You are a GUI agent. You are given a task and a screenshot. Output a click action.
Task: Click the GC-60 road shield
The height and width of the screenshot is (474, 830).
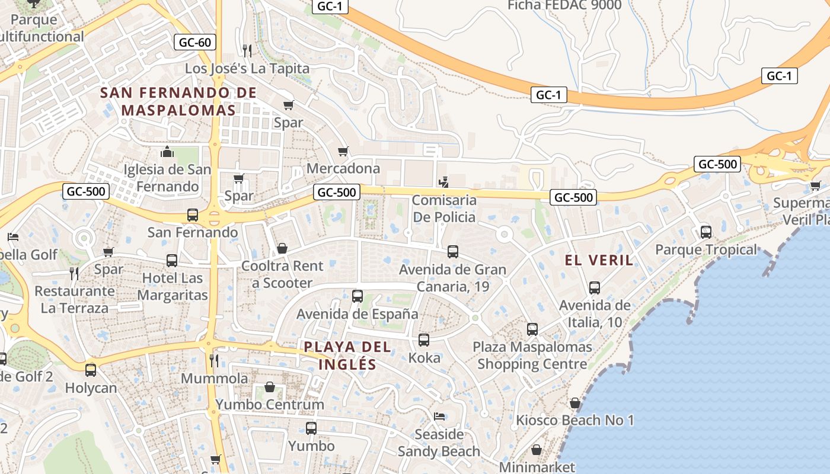pyautogui.click(x=195, y=42)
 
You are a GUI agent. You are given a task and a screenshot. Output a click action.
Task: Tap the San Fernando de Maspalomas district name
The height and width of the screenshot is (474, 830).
pyautogui.click(x=178, y=101)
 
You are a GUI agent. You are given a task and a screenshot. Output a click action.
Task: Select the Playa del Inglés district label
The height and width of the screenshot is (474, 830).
pyautogui.click(x=348, y=355)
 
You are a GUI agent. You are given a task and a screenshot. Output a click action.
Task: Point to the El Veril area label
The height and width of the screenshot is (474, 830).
pyautogui.click(x=599, y=260)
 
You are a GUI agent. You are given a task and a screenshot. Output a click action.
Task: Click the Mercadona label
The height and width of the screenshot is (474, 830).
pyautogui.click(x=343, y=168)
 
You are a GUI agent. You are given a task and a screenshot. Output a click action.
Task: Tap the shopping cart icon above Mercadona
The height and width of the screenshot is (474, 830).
pyautogui.click(x=343, y=151)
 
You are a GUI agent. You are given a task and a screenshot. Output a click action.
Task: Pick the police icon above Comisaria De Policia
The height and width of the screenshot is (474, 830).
pyautogui.click(x=443, y=182)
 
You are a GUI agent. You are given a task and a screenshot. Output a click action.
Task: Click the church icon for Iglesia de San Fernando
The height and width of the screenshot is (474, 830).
pyautogui.click(x=167, y=152)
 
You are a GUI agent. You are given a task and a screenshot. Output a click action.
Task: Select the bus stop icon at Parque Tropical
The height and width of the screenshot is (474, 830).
pyautogui.click(x=705, y=232)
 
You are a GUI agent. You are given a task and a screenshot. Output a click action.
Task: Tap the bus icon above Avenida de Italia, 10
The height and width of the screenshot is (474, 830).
pyautogui.click(x=595, y=288)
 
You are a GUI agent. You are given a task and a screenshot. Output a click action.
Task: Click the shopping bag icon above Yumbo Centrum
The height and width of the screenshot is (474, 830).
pyautogui.click(x=270, y=387)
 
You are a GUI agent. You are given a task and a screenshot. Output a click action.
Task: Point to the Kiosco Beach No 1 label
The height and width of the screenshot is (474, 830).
pyautogui.click(x=574, y=420)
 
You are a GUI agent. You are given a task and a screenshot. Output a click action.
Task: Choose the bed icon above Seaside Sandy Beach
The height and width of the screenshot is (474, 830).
pyautogui.click(x=439, y=416)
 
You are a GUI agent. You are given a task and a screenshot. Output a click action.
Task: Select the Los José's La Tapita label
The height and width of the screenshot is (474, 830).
pyautogui.click(x=247, y=68)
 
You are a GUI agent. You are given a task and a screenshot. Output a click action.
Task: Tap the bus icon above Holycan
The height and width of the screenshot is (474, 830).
pyautogui.click(x=91, y=370)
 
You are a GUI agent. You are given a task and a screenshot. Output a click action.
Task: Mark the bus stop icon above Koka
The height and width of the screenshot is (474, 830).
pyautogui.click(x=424, y=340)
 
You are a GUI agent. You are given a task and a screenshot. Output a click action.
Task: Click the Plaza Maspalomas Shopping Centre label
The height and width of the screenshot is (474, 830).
pyautogui.click(x=532, y=355)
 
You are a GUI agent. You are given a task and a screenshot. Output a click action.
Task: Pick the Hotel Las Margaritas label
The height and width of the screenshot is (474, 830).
pyautogui.click(x=173, y=286)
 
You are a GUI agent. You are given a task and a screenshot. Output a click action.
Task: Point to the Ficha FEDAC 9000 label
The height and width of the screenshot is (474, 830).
pyautogui.click(x=564, y=5)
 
